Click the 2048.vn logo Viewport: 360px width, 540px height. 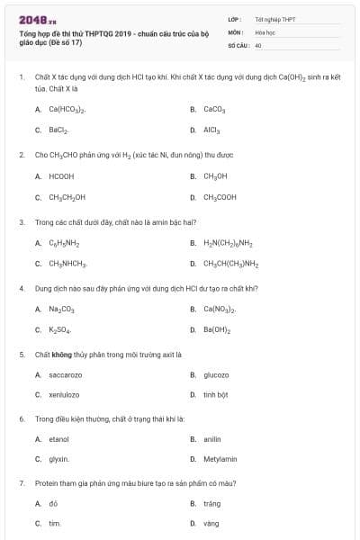point(31,18)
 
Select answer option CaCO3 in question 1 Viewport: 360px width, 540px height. point(213,109)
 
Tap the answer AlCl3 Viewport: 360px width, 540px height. point(211,130)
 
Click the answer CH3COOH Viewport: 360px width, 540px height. point(220,197)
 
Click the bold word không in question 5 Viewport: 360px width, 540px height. point(61,355)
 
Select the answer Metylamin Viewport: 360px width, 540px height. point(220,459)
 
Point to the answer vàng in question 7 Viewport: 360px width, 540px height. point(211,523)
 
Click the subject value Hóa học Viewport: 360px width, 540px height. point(264,31)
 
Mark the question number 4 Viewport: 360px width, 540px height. point(21,289)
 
